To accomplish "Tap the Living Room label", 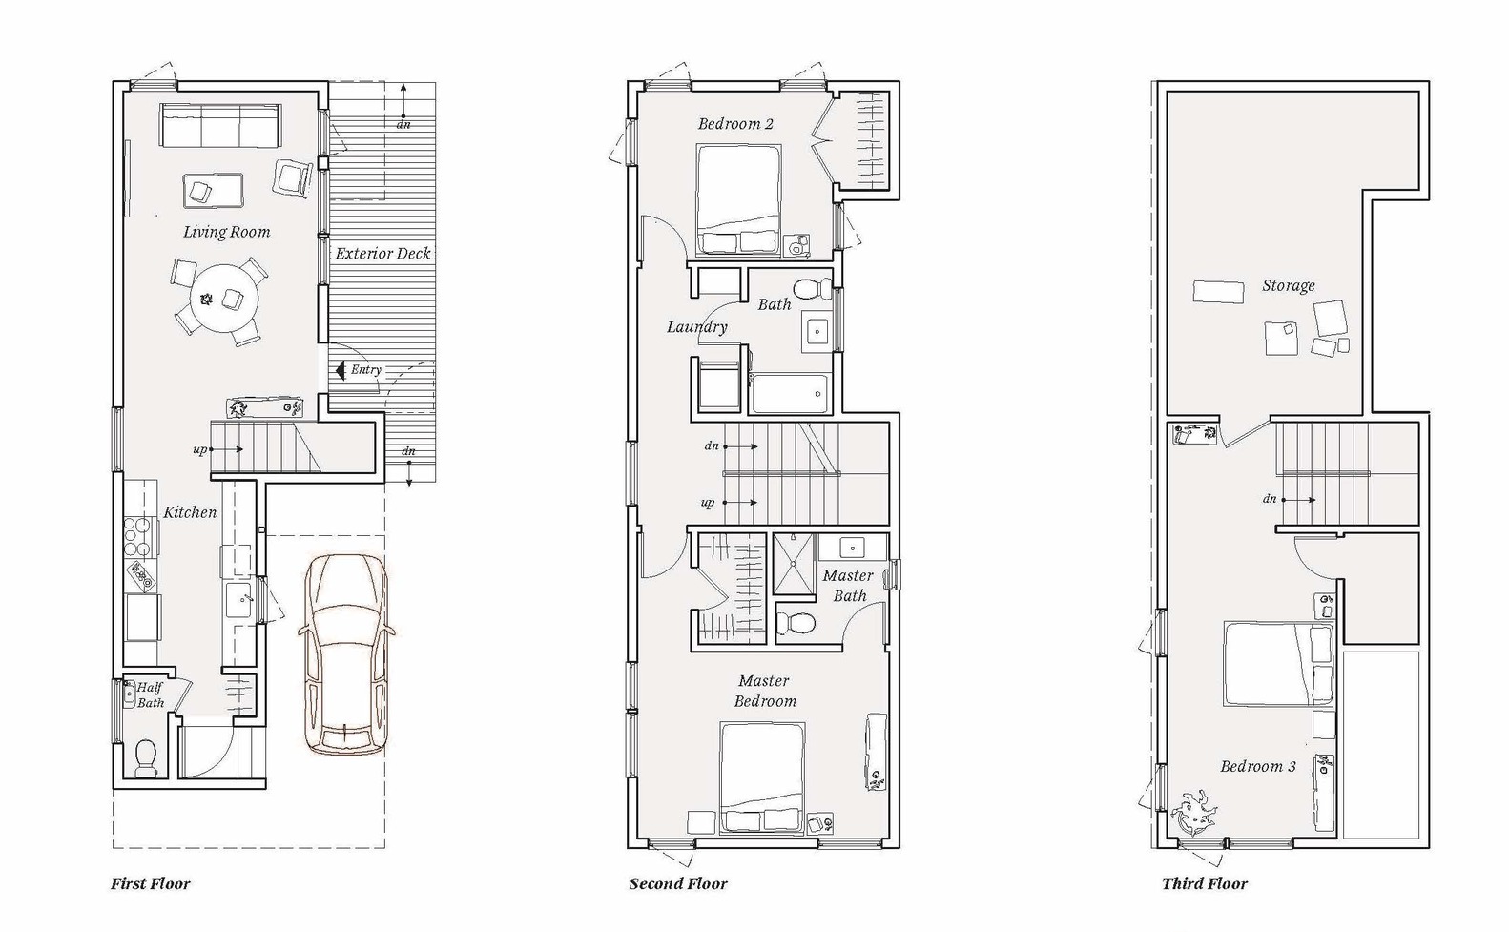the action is pyautogui.click(x=226, y=232).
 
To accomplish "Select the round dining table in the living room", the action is pyautogui.click(x=224, y=298).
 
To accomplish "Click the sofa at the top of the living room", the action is pyautogui.click(x=220, y=125).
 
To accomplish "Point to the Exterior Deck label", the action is pyautogui.click(x=382, y=254).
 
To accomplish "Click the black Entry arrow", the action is pyautogui.click(x=341, y=370).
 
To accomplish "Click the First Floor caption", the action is pyautogui.click(x=150, y=883).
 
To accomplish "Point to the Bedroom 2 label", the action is pyautogui.click(x=735, y=124).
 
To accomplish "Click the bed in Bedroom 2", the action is pyautogui.click(x=739, y=200).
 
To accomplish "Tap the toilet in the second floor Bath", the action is pyautogui.click(x=813, y=289).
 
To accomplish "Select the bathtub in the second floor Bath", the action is pyautogui.click(x=789, y=394).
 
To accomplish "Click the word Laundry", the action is pyautogui.click(x=697, y=327).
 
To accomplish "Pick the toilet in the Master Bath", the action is pyautogui.click(x=796, y=623).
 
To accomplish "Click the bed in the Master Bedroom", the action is pyautogui.click(x=762, y=778).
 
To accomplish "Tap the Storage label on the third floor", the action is pyautogui.click(x=1288, y=286).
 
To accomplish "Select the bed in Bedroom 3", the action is pyautogui.click(x=1278, y=665).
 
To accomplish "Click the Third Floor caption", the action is pyautogui.click(x=1205, y=883).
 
